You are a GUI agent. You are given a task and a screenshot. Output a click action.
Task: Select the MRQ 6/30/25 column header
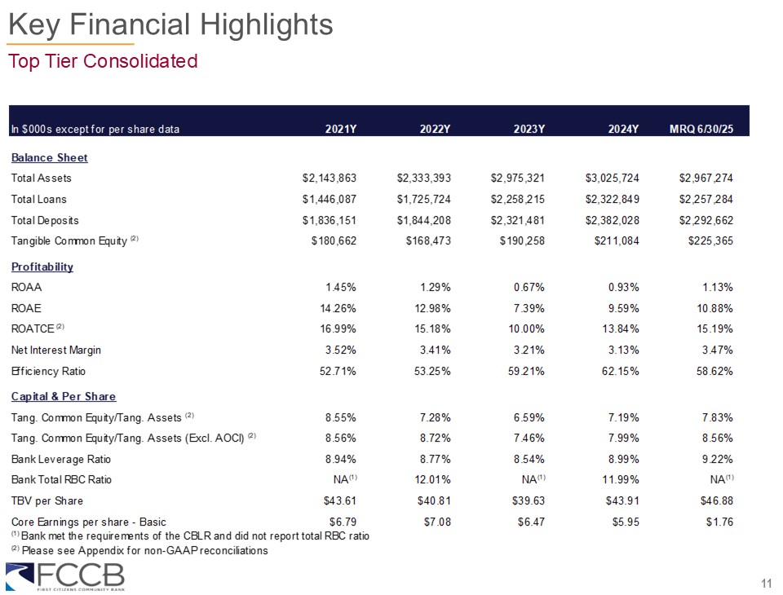[701, 129]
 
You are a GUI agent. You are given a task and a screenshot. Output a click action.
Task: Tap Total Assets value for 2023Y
[518, 178]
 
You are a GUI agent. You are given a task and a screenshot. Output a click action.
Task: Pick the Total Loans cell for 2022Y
[424, 199]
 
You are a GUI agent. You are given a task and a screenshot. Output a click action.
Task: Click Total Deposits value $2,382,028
[613, 220]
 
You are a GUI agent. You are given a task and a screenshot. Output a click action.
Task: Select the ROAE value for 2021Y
[337, 308]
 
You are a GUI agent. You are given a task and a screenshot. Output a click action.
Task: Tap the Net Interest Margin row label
[56, 350]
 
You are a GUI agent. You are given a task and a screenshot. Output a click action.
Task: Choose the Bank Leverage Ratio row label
[61, 459]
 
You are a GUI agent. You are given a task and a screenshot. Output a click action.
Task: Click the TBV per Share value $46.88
[714, 500]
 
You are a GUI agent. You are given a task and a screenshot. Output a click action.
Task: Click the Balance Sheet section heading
[49, 157]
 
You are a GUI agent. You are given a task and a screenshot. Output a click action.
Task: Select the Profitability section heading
[42, 267]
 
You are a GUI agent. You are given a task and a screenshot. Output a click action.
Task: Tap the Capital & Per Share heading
[64, 396]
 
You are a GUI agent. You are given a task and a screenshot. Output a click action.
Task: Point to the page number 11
[766, 583]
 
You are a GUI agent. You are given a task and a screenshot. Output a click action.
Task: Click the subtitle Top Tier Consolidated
[103, 61]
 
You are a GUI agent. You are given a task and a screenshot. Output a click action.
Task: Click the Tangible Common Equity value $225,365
[706, 241]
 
